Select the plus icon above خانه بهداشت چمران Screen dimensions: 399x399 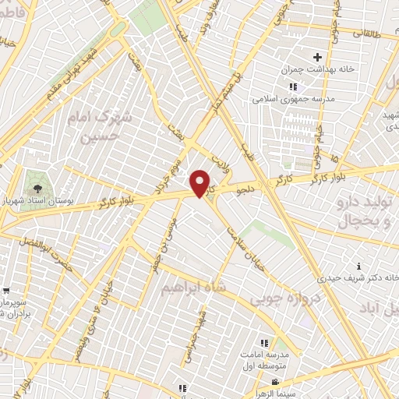(317, 56)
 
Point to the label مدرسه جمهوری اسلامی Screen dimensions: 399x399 (292, 99)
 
